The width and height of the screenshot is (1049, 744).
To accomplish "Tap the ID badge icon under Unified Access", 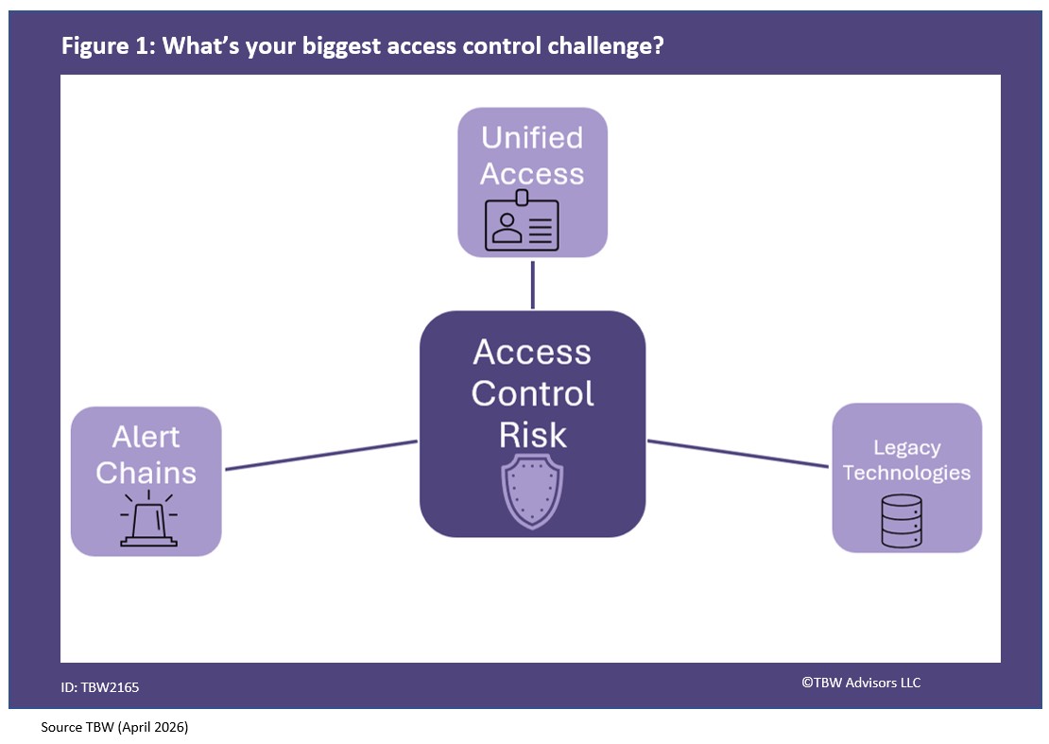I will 522,225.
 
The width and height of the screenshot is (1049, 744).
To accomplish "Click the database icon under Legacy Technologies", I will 901,521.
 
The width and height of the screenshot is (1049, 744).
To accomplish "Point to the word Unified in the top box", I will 532,138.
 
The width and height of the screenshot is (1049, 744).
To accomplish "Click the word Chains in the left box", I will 146,473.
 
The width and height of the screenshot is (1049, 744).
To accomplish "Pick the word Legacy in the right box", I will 906,447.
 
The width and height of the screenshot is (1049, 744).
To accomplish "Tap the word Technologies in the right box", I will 906,473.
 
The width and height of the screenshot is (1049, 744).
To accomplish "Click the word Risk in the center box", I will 532,435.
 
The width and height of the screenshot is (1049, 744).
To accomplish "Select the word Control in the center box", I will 532,393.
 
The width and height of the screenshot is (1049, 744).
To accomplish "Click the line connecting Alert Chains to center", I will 320,455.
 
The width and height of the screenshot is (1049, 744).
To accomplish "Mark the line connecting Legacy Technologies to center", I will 737,453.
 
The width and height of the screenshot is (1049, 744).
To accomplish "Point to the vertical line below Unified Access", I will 533,284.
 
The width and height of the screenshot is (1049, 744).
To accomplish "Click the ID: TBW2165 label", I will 100,687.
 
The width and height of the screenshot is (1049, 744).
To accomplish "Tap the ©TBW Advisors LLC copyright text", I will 861,683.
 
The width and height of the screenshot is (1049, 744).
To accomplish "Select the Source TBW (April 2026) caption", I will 114,728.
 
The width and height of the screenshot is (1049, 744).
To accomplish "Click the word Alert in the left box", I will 146,437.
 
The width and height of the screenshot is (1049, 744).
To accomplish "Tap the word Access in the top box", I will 532,174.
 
